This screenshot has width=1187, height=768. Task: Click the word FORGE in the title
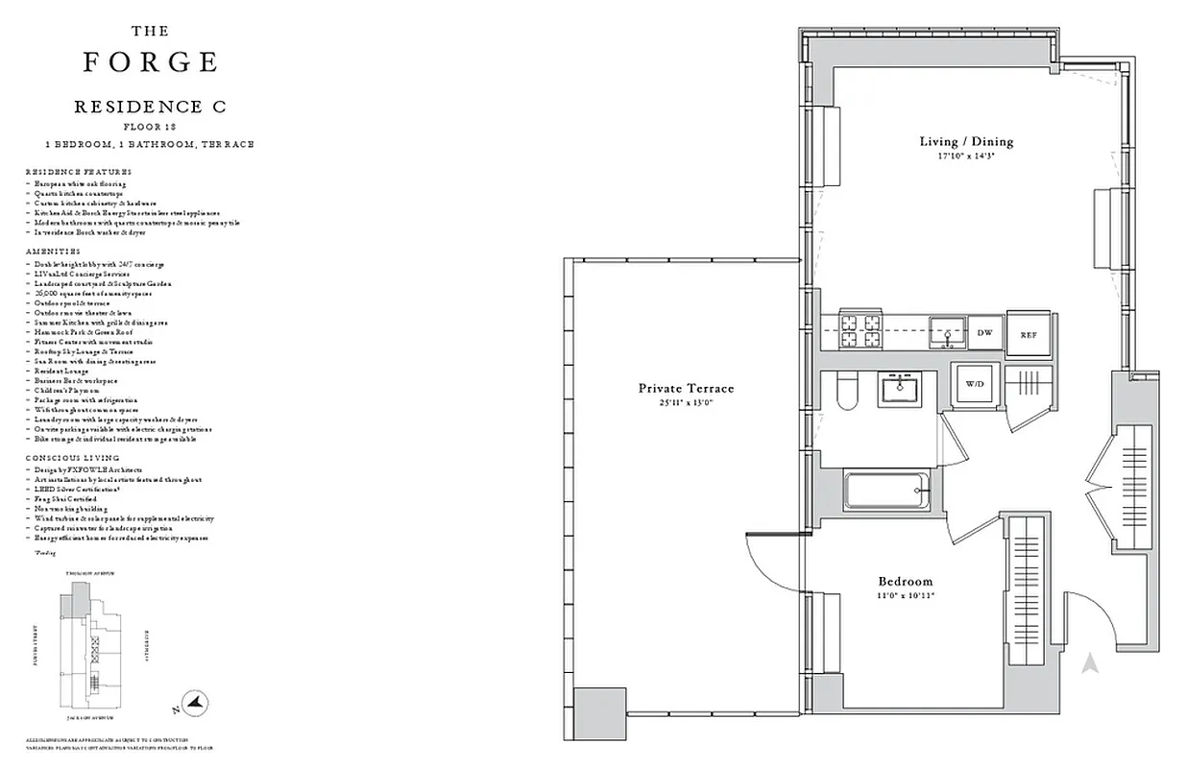pyautogui.click(x=150, y=62)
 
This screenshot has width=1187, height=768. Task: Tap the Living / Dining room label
pyautogui.click(x=966, y=141)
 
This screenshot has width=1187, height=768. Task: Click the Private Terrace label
pyautogui.click(x=686, y=388)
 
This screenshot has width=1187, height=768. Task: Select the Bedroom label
pyautogui.click(x=906, y=581)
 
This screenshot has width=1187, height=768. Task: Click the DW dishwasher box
pyautogui.click(x=984, y=332)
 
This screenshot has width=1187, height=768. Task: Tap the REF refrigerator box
pyautogui.click(x=1029, y=334)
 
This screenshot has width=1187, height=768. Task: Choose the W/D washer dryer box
pyautogui.click(x=975, y=383)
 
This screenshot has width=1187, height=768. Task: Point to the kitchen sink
pyautogui.click(x=947, y=332)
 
